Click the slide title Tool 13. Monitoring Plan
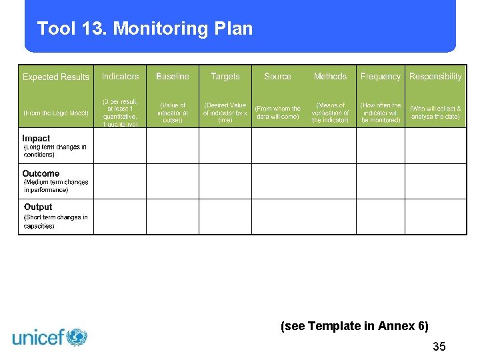coord(145,29)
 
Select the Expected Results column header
coord(56,77)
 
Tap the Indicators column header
coord(121,77)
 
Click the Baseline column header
coord(173,77)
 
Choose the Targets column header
coord(225,77)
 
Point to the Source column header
coord(277,77)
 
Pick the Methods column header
coord(330,77)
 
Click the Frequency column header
coord(381,77)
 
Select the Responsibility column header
coord(435,77)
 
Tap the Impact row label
coord(36,139)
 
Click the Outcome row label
coord(41,173)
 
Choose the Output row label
coord(38,207)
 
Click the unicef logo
coord(50,337)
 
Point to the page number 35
coord(439,347)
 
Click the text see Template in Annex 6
coord(355,326)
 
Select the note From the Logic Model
coord(56,113)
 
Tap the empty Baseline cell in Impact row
coord(173,145)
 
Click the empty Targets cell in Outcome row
coord(225,181)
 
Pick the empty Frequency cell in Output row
coord(381,217)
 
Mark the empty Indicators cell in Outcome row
coord(121,181)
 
